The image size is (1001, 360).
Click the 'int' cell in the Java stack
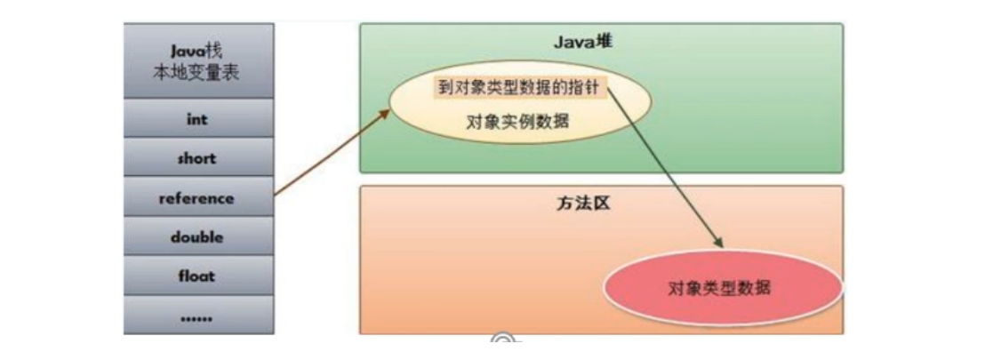coord(197,119)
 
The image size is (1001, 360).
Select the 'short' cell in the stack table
coord(197,158)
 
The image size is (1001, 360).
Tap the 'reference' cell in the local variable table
coord(197,198)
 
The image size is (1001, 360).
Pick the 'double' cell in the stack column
coord(197,237)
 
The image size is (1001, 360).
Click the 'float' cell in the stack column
coord(197,276)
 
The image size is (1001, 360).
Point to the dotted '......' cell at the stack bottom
coord(197,315)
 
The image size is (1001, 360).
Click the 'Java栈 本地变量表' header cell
coord(197,61)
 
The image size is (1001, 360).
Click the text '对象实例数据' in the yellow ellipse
coord(517,121)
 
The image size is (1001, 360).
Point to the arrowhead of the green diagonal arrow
coord(717,244)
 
